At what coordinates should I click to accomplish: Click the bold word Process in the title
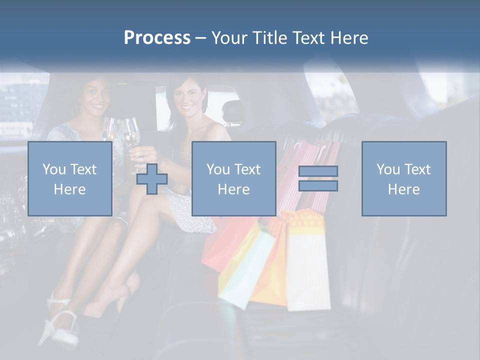click(x=157, y=38)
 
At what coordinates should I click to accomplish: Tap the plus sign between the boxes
click(x=152, y=179)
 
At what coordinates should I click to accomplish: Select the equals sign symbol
click(x=318, y=178)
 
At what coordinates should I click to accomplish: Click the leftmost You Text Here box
click(x=70, y=178)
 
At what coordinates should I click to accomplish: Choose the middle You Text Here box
click(x=233, y=178)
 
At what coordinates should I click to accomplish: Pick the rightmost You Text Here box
click(x=404, y=178)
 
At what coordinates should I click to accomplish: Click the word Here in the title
click(x=350, y=38)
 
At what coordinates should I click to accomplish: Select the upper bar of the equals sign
click(x=318, y=171)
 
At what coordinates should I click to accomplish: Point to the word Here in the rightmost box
click(x=404, y=189)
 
